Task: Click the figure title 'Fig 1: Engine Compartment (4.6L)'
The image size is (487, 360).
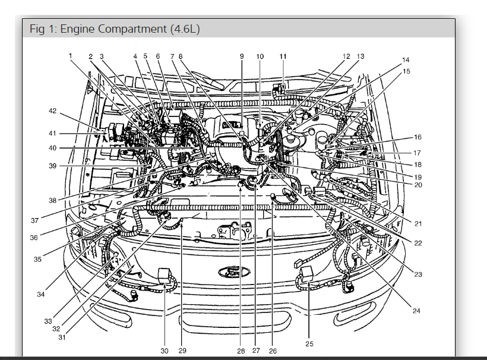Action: (x=115, y=29)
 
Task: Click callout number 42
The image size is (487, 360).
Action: (x=53, y=111)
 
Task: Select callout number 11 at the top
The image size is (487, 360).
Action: (x=283, y=56)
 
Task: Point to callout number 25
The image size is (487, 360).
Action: (x=309, y=344)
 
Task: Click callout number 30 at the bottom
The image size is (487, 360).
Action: (x=165, y=350)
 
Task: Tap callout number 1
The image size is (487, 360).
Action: (x=70, y=56)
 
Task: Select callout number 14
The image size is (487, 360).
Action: (x=406, y=59)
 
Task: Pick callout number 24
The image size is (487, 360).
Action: (x=416, y=311)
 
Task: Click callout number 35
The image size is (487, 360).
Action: (x=37, y=259)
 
